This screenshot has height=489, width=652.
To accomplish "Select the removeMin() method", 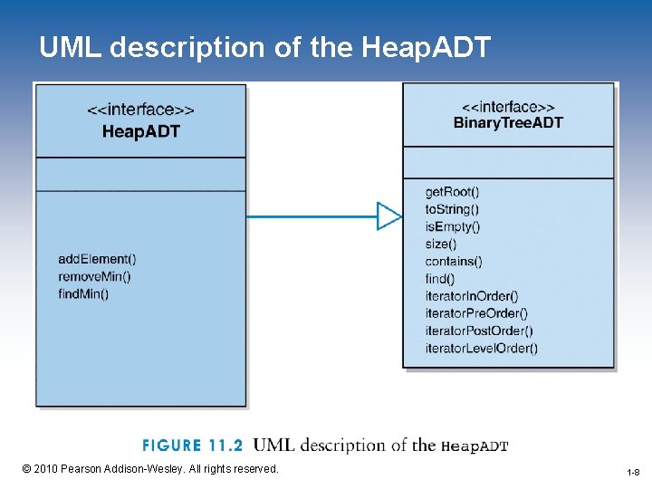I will click(x=94, y=276).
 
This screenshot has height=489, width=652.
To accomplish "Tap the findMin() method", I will click(x=83, y=293).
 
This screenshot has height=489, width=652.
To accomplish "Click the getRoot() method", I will click(x=453, y=192).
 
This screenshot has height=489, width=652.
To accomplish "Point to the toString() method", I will click(x=452, y=209).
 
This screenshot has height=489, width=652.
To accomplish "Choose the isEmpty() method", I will click(x=453, y=226).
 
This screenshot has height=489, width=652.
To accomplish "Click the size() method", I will click(x=441, y=244).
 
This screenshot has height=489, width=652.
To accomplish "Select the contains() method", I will click(x=454, y=262).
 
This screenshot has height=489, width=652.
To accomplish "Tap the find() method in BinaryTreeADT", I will click(x=440, y=279).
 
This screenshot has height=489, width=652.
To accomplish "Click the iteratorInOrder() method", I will click(x=472, y=296).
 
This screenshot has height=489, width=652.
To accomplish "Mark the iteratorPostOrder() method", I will click(x=479, y=331).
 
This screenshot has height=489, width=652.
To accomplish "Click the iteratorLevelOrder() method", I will click(x=482, y=348).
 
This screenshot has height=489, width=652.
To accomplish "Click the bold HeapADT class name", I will click(x=140, y=131).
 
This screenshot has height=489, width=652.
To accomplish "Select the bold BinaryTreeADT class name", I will click(x=508, y=122).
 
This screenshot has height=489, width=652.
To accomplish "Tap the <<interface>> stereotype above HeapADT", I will click(x=140, y=110).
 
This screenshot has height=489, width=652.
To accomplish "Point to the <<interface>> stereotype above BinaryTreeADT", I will click(x=508, y=105).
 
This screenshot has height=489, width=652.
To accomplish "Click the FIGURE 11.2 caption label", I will click(x=192, y=445).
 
